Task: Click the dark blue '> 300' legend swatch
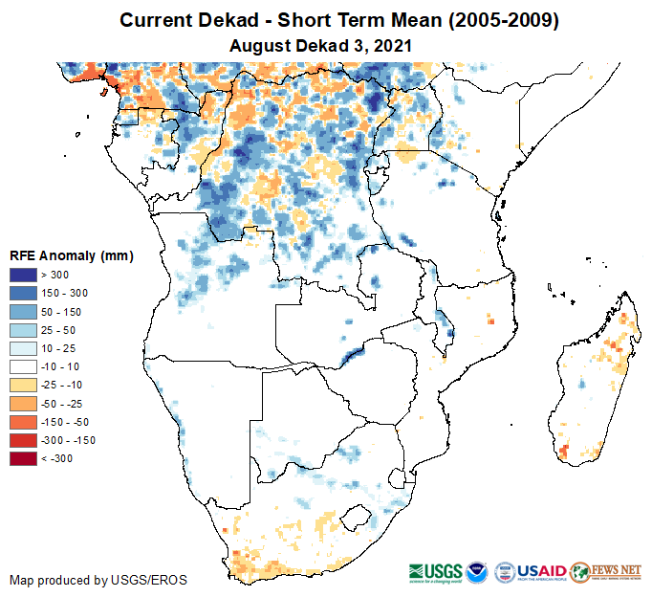(24, 276)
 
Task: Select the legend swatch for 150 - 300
(24, 294)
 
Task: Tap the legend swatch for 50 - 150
(24, 312)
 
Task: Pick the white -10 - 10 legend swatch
(24, 366)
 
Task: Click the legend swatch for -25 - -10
(24, 385)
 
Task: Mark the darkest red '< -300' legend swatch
(24, 458)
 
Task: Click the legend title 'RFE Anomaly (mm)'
(71, 256)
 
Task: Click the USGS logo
(437, 571)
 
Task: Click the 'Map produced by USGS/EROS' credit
(98, 580)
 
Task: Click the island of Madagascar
(593, 383)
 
